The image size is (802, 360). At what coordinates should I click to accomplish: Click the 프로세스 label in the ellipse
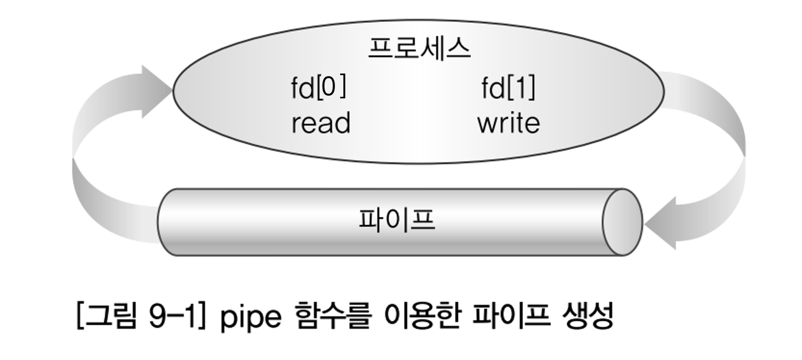click(x=419, y=49)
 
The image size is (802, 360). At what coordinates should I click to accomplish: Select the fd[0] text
click(x=319, y=87)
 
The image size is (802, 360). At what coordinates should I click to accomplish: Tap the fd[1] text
click(x=508, y=88)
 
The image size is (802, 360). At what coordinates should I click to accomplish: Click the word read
click(x=321, y=123)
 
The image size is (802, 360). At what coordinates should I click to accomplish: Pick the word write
click(x=508, y=123)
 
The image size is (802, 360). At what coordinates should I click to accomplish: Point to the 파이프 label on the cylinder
click(x=397, y=220)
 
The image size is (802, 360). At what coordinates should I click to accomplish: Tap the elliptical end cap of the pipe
click(x=622, y=222)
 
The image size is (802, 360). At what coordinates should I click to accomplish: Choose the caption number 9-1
click(x=172, y=316)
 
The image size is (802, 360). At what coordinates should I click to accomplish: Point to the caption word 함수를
click(x=332, y=316)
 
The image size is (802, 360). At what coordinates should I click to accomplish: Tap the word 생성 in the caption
click(x=588, y=316)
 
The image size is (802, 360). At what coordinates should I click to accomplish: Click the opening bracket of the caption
click(x=80, y=316)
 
